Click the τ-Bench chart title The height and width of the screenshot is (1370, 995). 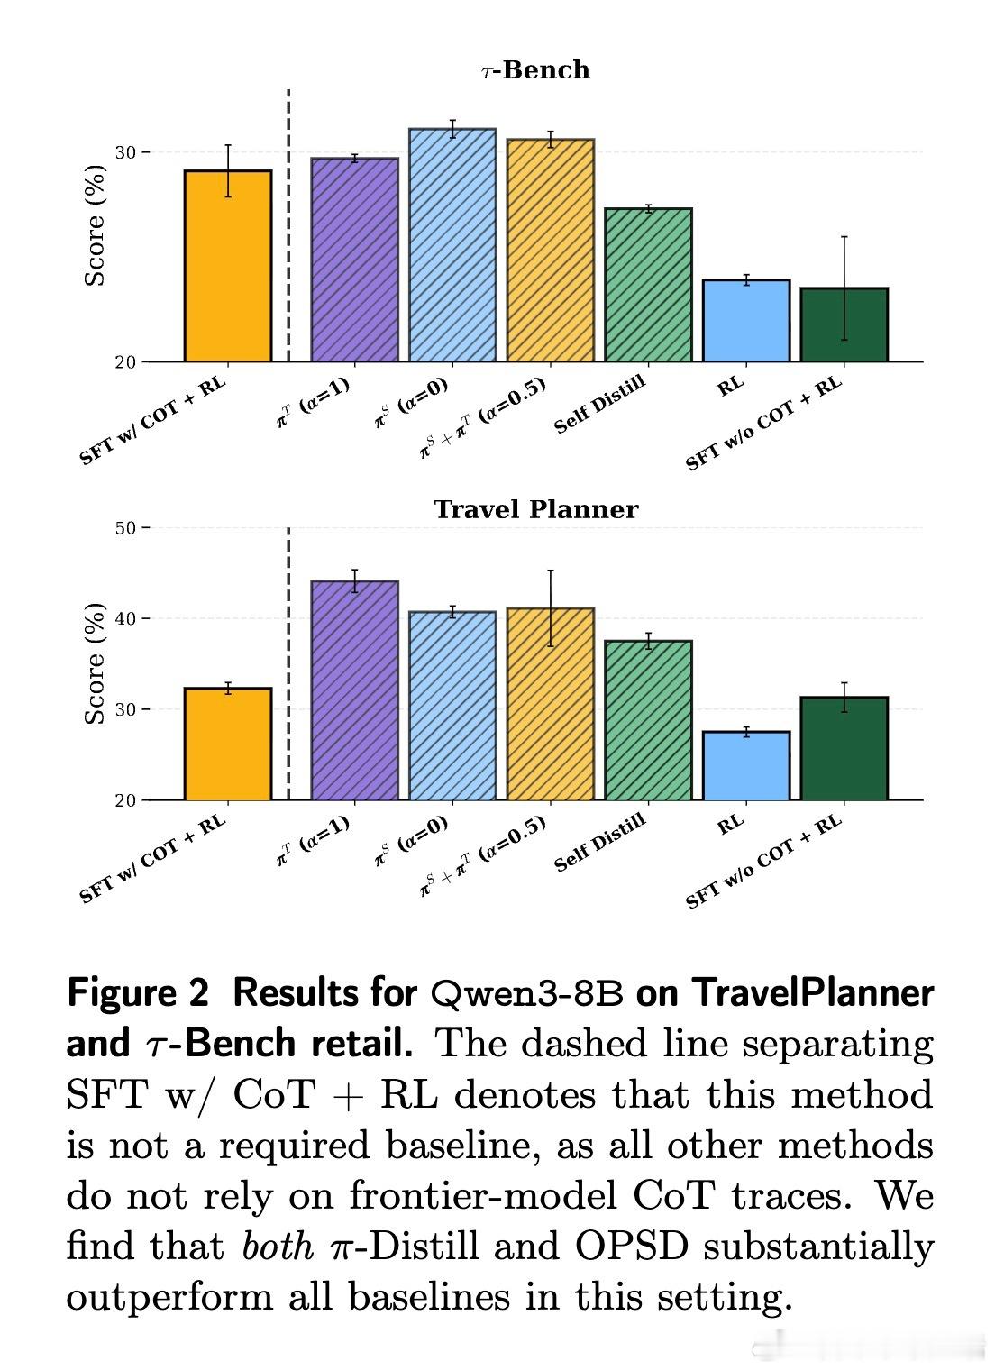(535, 70)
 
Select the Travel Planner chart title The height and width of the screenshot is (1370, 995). (535, 510)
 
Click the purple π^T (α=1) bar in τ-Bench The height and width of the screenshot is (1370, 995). (354, 260)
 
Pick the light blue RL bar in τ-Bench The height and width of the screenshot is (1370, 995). (745, 322)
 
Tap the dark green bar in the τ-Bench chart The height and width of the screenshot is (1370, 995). (844, 325)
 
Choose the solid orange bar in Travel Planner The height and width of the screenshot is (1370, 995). (228, 744)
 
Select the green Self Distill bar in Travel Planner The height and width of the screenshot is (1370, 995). (648, 721)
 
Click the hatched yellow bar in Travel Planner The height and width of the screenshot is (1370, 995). (550, 705)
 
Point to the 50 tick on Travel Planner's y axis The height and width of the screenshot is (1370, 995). (126, 528)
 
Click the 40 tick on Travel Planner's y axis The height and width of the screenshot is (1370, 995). (126, 619)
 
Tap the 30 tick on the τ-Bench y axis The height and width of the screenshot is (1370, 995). (126, 152)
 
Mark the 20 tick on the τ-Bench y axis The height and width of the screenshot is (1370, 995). (126, 362)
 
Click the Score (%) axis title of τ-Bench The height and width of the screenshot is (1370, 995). (95, 225)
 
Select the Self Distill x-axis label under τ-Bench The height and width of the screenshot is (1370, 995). (599, 405)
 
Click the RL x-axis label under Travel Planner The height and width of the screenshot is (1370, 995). (731, 823)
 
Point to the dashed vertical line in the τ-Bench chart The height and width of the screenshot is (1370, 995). (288, 225)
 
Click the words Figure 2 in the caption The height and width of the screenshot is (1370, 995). (137, 993)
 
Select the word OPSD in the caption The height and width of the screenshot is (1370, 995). (631, 1247)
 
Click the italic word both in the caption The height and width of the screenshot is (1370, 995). (278, 1247)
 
